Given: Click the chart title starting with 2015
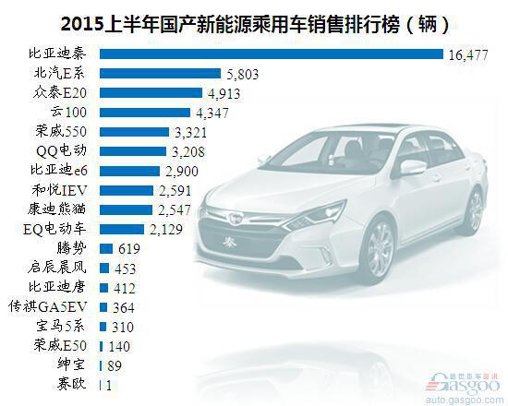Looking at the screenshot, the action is [x=255, y=24].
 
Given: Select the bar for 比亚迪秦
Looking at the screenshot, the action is [x=272, y=54].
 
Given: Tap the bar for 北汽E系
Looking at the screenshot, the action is [x=160, y=74].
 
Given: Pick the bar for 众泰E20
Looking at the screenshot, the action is [x=151, y=93].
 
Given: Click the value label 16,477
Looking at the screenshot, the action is [x=468, y=54].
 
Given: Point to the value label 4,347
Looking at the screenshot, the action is [x=212, y=113].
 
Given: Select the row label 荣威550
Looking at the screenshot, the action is [x=61, y=131].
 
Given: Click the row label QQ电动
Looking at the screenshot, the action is [x=61, y=151].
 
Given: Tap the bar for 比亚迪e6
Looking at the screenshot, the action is [x=129, y=171].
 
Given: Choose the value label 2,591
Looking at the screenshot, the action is [x=175, y=191].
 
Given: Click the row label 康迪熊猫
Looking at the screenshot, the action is [x=57, y=209].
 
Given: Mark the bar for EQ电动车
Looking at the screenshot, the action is [x=122, y=229].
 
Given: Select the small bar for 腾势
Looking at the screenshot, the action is [x=106, y=248].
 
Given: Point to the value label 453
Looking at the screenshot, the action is [x=125, y=269].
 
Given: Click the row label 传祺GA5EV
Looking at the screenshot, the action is [x=48, y=306].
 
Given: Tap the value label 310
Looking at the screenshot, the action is [x=123, y=327].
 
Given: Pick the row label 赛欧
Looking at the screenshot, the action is [x=72, y=384].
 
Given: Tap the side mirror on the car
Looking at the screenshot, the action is [x=413, y=167].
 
